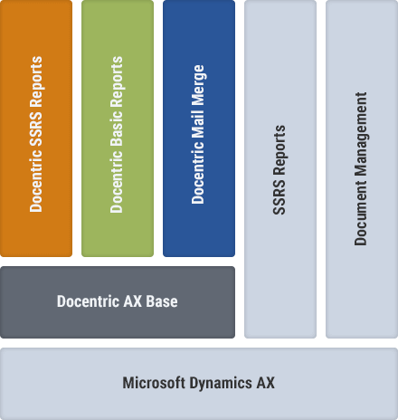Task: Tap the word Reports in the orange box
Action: pyautogui.click(x=36, y=82)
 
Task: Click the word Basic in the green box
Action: pyautogui.click(x=117, y=129)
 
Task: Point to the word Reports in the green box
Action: pyautogui.click(x=117, y=82)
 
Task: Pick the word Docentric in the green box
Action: pyautogui.click(x=117, y=182)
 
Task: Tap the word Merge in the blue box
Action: pyautogui.click(x=198, y=85)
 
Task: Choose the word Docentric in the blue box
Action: pyautogui.click(x=198, y=173)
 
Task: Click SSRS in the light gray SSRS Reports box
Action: pyautogui.click(x=279, y=197)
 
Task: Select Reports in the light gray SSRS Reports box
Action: pyautogui.click(x=280, y=150)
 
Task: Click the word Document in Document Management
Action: pyautogui.click(x=361, y=214)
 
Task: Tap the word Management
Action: pyautogui.click(x=361, y=135)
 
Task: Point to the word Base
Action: pyautogui.click(x=162, y=301)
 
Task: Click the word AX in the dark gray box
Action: pyautogui.click(x=133, y=301)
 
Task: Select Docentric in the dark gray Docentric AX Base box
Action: pyautogui.click(x=89, y=301)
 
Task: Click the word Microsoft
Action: pyautogui.click(x=154, y=383)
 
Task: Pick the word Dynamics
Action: pyautogui.click(x=221, y=384)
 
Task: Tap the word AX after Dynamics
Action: pyautogui.click(x=265, y=383)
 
